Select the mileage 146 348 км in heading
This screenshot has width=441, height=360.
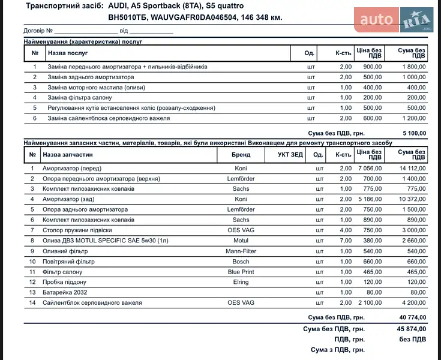(261, 17)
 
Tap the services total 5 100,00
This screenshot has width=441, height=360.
(413, 133)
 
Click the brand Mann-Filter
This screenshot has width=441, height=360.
(241, 251)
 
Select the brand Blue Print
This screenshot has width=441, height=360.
(241, 272)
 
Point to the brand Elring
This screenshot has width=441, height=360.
(241, 282)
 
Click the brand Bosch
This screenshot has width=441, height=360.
(241, 262)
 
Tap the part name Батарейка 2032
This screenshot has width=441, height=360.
(64, 292)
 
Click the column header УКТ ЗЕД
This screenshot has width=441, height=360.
(290, 155)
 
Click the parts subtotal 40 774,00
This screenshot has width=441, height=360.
(411, 317)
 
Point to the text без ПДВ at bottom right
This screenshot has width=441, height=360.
(413, 339)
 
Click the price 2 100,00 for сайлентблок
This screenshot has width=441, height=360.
(369, 302)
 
